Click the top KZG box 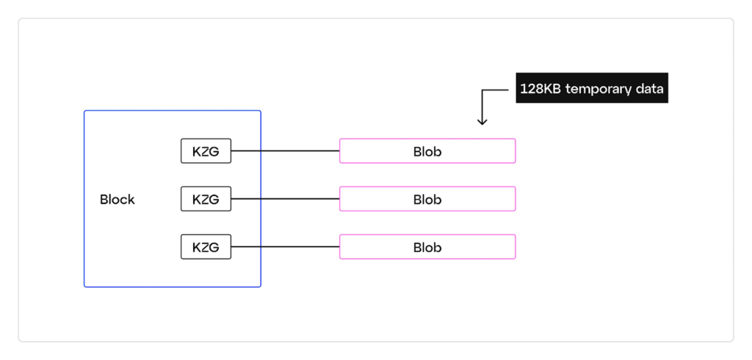click(x=206, y=151)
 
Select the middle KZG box click(x=206, y=199)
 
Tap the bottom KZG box click(x=206, y=247)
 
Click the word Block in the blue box click(x=117, y=200)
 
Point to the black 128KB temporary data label click(x=592, y=88)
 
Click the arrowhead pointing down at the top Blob click(x=482, y=121)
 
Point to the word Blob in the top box click(x=427, y=151)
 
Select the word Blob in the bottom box click(x=427, y=247)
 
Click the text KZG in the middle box click(x=206, y=199)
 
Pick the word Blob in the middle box click(x=427, y=199)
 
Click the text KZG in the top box click(x=206, y=151)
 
